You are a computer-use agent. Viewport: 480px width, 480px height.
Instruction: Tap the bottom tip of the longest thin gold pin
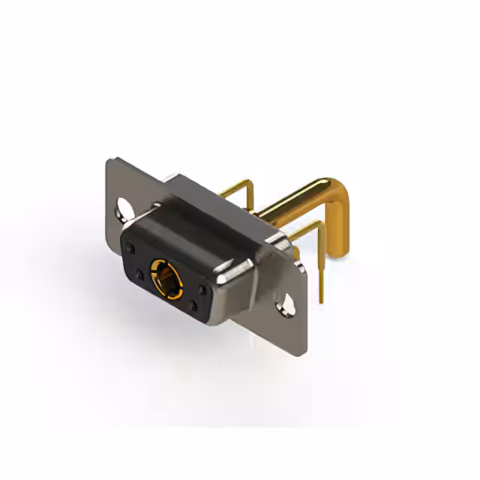click(x=322, y=300)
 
